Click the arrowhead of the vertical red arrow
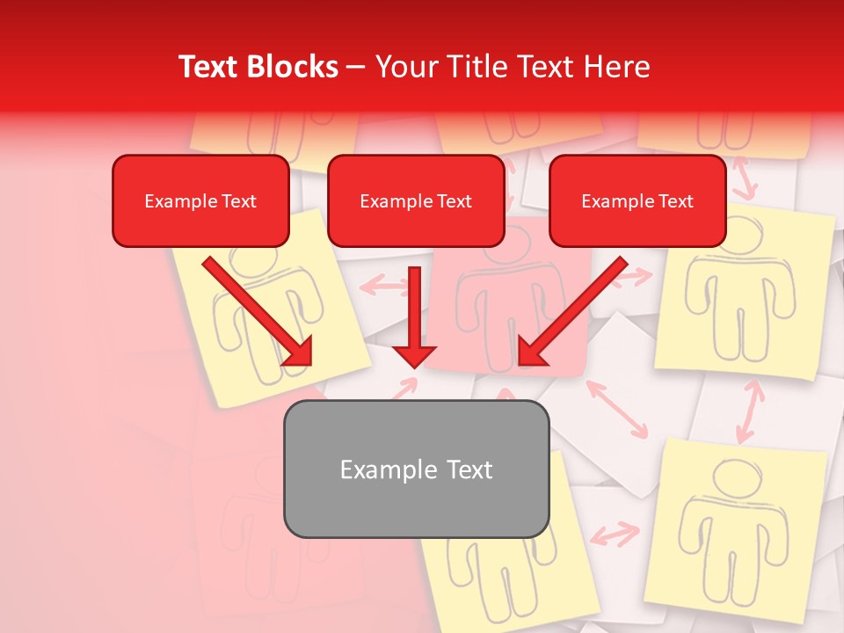[x=414, y=357]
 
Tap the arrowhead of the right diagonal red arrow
[x=529, y=353]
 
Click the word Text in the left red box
[x=239, y=201]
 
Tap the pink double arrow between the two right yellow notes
[x=749, y=411]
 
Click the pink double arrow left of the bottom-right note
[x=615, y=534]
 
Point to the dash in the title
[x=356, y=68]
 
